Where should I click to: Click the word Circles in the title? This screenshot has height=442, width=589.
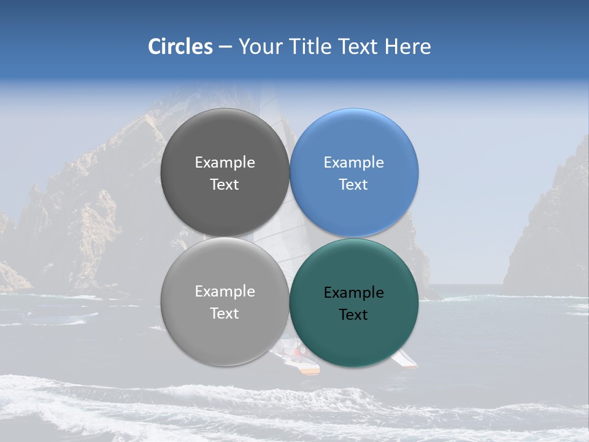click(x=180, y=47)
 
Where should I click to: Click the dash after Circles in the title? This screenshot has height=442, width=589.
click(x=225, y=47)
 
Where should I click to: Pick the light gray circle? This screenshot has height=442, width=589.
click(x=225, y=335)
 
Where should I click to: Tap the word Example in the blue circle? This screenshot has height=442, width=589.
click(x=353, y=163)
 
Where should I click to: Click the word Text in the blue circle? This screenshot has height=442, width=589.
click(x=353, y=185)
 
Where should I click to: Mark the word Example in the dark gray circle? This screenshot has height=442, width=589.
click(x=225, y=163)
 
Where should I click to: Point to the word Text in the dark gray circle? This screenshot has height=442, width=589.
click(x=225, y=185)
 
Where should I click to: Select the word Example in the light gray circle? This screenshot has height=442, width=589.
click(x=225, y=292)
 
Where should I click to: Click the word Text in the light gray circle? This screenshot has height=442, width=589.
click(x=225, y=314)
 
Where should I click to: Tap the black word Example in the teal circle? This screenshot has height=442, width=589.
click(x=353, y=293)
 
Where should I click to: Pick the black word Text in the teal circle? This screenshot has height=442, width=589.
click(x=353, y=315)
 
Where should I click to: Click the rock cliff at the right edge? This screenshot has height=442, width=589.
click(x=552, y=233)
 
